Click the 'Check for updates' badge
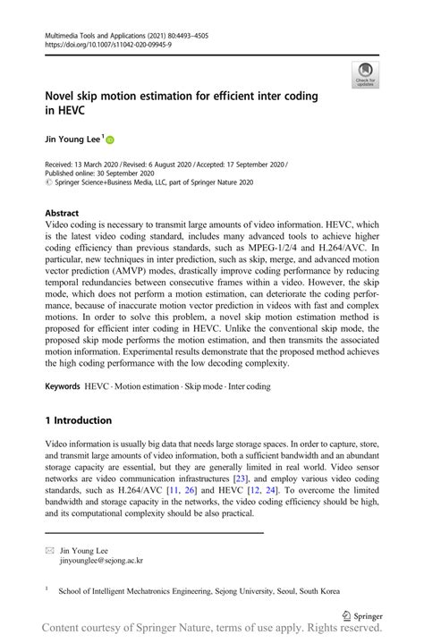[x=364, y=75]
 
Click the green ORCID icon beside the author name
[x=111, y=140]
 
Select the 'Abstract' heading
[x=63, y=214]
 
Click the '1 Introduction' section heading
[x=78, y=419]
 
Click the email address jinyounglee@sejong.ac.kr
[x=100, y=561]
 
